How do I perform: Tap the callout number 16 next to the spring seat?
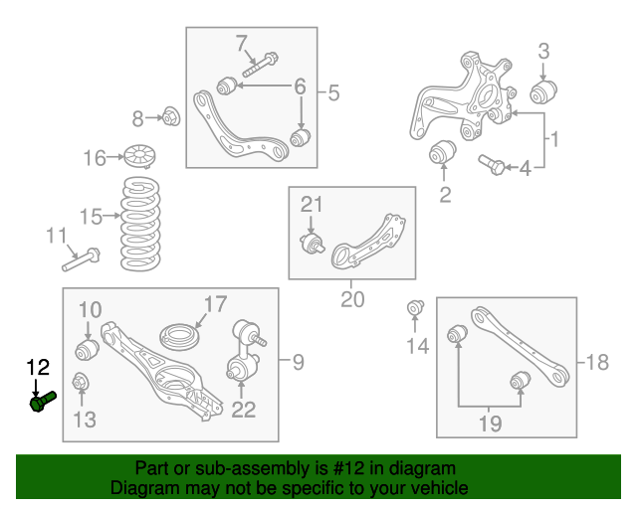click(x=94, y=158)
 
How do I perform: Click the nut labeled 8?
click(x=169, y=118)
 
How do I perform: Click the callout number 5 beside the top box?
click(x=332, y=93)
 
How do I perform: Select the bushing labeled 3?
click(x=541, y=94)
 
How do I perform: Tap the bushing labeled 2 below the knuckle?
click(x=442, y=154)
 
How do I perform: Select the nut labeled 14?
click(x=416, y=310)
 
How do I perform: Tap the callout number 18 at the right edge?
click(x=596, y=363)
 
